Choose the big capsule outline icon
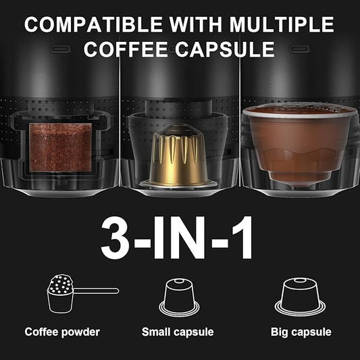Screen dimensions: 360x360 301,297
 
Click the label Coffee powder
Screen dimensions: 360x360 62,332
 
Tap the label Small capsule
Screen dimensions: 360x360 178,332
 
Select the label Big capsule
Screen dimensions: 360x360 301,332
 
